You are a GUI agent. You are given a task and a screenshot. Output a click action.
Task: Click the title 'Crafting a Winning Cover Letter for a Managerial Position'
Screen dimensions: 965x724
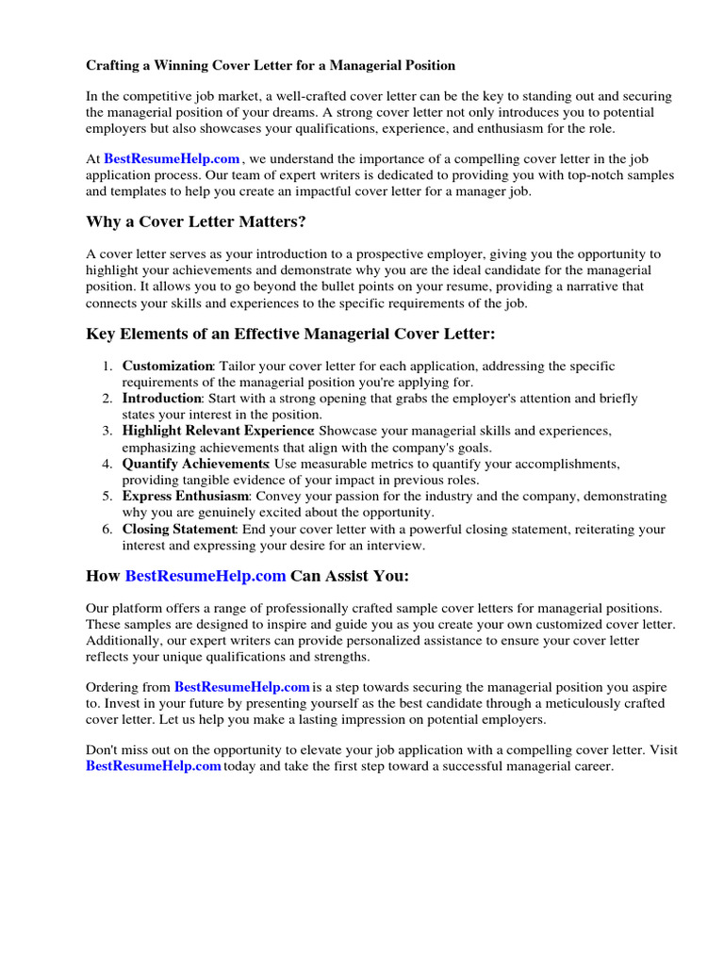[271, 66]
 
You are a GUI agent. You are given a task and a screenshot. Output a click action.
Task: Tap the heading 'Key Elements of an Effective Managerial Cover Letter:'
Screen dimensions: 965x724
[290, 334]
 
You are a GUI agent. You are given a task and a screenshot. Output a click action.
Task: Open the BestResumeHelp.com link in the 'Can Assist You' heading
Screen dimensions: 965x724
[206, 575]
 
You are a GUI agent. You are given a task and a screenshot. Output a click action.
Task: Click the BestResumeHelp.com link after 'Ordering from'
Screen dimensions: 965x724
[242, 687]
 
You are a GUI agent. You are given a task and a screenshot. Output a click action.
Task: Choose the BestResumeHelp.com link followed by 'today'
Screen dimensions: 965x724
[154, 766]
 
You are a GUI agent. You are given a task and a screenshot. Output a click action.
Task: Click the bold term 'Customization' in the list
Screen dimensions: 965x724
[168, 366]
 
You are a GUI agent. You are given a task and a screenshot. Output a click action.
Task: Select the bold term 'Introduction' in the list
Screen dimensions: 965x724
[161, 399]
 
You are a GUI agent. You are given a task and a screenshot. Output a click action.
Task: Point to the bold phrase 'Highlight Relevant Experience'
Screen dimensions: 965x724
[218, 431]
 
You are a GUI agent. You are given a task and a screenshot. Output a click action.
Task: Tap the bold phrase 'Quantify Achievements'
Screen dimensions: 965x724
[195, 464]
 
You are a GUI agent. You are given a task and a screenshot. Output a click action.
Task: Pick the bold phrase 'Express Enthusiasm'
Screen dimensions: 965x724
[186, 496]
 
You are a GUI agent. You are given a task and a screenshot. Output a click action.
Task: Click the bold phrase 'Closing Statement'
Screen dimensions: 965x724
[180, 529]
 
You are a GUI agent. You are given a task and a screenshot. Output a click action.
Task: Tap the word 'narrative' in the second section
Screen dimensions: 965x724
[591, 286]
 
